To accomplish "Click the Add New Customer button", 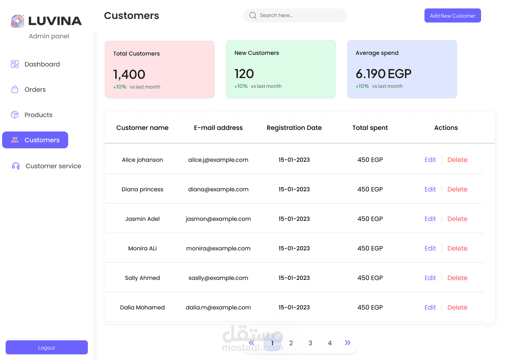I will [x=453, y=16].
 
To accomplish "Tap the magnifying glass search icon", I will [x=253, y=15].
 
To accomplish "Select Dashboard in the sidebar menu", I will [x=42, y=64].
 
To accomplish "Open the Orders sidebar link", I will [x=35, y=90].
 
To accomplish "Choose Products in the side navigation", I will [x=38, y=115].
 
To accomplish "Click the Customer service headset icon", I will [x=16, y=166].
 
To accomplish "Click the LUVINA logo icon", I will [x=18, y=21].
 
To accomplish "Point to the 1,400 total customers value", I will [x=129, y=75].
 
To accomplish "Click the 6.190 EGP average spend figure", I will [x=383, y=74].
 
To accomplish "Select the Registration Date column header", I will [x=294, y=128].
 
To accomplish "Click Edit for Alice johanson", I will [x=430, y=160].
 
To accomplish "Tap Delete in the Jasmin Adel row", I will [x=457, y=219].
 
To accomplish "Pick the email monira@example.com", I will [x=218, y=249].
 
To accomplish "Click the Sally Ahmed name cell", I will [x=142, y=278].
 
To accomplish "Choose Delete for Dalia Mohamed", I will [x=457, y=308].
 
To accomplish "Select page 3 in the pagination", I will [x=310, y=343].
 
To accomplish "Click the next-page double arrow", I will [x=348, y=343].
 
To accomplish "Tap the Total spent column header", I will [x=370, y=128].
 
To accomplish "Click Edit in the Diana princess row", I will [x=430, y=189].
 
